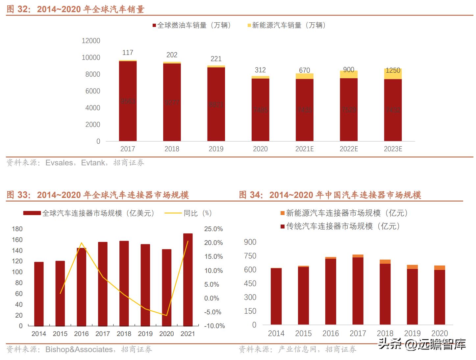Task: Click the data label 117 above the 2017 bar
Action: click(128, 53)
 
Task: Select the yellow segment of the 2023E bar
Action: click(393, 74)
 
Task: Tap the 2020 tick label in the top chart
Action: click(260, 149)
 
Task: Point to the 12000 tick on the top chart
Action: click(91, 41)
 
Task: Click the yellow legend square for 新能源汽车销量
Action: click(249, 26)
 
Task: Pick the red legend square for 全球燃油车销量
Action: click(154, 26)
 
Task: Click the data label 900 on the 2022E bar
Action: click(349, 70)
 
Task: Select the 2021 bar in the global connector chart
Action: click(188, 279)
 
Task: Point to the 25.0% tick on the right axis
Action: click(213, 229)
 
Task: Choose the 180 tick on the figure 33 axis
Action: click(17, 229)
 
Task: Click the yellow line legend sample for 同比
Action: click(173, 213)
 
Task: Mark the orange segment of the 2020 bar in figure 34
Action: click(439, 268)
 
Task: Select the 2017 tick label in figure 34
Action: click(358, 333)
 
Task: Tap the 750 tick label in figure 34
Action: click(250, 256)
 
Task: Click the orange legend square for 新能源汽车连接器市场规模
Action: click(282, 213)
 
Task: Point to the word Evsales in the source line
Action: click(59, 163)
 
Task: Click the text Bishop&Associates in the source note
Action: click(79, 349)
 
